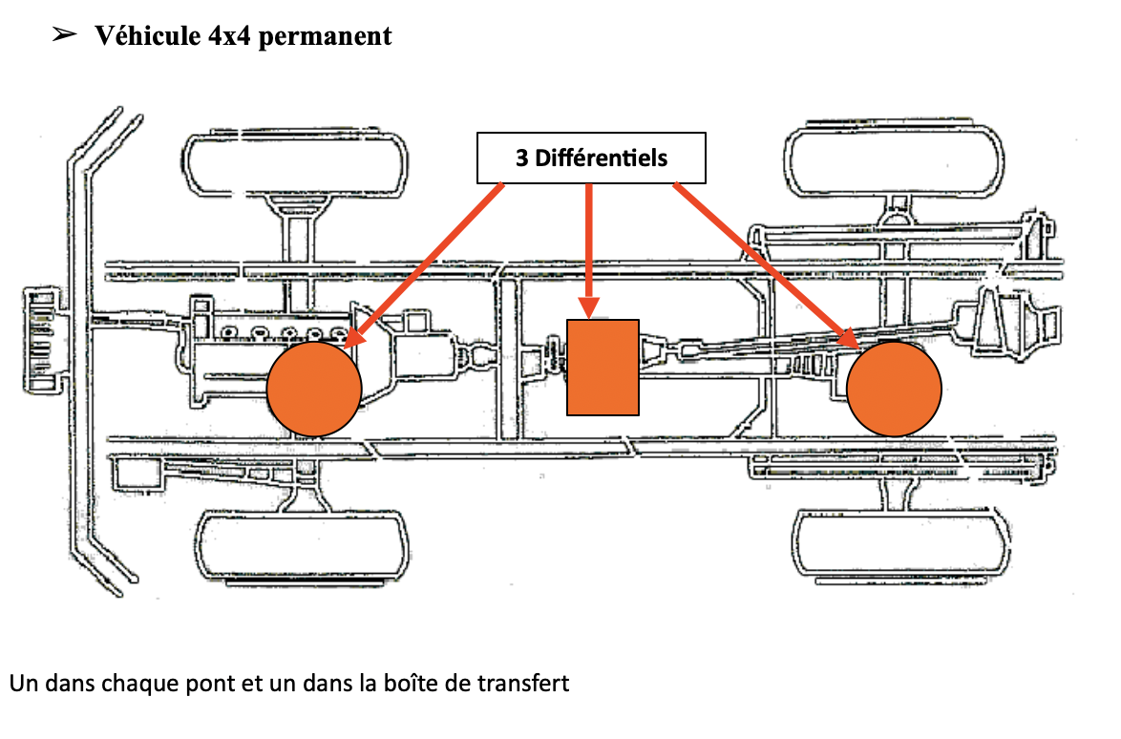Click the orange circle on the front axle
(314, 387)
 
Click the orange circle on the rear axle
(895, 389)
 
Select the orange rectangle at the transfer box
(603, 368)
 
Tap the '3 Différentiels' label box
(591, 158)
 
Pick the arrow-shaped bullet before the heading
(64, 35)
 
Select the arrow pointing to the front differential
(425, 263)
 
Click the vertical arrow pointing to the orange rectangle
(589, 248)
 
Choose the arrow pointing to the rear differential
(764, 263)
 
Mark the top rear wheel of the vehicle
(895, 158)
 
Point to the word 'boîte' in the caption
(433, 684)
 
